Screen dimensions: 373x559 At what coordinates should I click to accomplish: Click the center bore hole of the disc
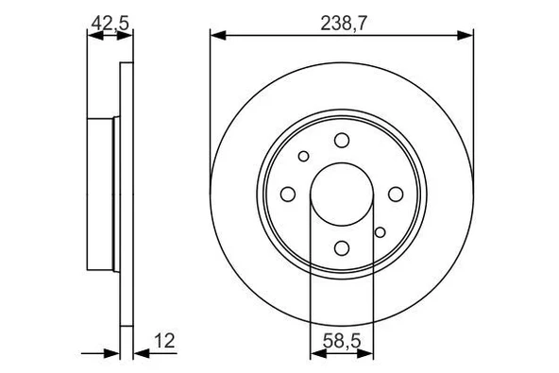[341, 194]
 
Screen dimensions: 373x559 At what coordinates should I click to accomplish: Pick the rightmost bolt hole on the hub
[394, 194]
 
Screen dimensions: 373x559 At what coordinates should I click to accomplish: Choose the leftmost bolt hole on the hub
[287, 194]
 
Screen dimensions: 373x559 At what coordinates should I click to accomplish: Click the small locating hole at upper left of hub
[303, 157]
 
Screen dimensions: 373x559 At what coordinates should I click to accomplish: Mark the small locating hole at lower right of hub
[380, 232]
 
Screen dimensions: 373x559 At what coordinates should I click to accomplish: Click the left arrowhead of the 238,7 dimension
[216, 36]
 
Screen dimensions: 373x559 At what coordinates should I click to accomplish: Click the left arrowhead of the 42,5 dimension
[93, 36]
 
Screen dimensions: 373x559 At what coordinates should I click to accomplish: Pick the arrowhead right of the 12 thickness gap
[140, 354]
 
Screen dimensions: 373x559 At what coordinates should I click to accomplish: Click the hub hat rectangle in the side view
[102, 194]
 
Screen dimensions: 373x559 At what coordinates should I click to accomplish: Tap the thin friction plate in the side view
[127, 194]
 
